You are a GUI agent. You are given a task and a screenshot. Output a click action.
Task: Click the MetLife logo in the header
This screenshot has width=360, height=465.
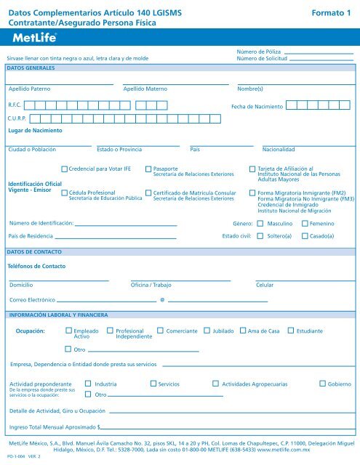(33, 38)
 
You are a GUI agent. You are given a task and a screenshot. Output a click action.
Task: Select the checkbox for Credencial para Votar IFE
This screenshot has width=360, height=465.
(65, 168)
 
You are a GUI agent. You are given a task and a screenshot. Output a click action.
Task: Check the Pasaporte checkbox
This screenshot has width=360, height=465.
(149, 168)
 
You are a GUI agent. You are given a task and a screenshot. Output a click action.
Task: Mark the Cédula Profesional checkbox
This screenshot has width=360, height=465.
(65, 192)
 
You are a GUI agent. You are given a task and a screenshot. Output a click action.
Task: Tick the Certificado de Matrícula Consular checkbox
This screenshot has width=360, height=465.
(149, 192)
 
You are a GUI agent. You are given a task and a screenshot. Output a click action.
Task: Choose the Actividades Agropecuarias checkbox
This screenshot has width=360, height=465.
(215, 382)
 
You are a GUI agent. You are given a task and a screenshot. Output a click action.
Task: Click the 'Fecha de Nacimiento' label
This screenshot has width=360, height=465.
(257, 107)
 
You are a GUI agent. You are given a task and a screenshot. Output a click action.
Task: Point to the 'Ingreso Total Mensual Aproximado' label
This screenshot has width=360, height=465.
(52, 428)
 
